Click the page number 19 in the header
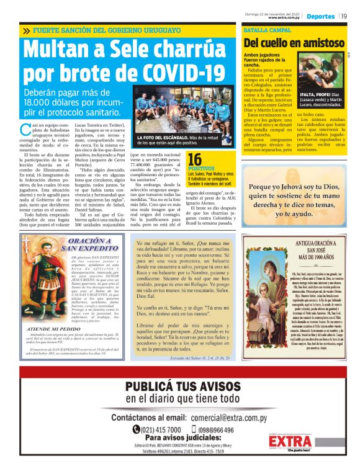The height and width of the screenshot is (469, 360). [343, 16]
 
